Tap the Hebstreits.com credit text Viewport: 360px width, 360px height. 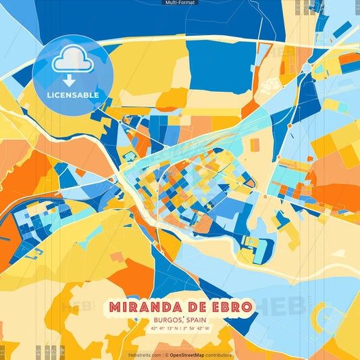coord(144,355)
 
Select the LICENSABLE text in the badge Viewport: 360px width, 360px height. coord(73,95)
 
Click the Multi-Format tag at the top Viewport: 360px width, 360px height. coord(180,3)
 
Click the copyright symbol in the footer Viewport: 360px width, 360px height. coord(166,355)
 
